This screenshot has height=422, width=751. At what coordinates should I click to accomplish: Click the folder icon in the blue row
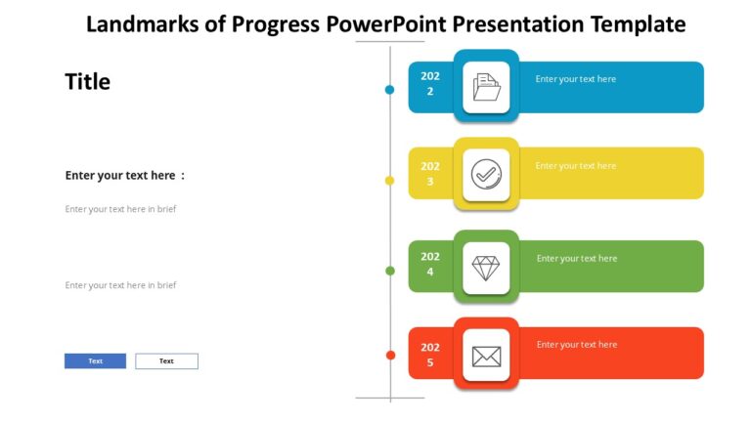(486, 88)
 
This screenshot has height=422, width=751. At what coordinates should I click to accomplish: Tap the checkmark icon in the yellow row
(486, 175)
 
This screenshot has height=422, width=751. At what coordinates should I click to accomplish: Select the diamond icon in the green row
(486, 269)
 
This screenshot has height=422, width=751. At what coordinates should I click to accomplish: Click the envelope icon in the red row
(486, 356)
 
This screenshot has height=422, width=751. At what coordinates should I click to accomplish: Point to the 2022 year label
(430, 84)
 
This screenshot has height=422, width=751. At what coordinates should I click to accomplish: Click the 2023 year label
(430, 174)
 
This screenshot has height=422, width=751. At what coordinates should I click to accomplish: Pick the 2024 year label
(430, 265)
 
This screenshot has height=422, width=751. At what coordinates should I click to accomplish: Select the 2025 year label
(430, 355)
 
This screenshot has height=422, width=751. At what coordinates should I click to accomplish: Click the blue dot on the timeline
(389, 90)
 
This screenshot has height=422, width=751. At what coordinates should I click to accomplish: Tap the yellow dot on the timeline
(389, 181)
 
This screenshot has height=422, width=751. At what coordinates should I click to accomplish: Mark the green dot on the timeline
(389, 271)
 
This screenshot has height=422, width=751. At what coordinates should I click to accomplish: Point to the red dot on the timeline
(389, 355)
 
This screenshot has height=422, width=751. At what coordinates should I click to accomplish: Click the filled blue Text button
(95, 361)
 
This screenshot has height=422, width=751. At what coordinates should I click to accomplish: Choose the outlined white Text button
(166, 361)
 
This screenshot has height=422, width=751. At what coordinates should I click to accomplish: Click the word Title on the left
(88, 82)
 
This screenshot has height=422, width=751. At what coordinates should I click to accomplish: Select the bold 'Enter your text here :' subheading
(124, 176)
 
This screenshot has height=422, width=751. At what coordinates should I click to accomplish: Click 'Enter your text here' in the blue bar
(576, 79)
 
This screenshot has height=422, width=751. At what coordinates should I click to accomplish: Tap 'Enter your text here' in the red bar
(577, 345)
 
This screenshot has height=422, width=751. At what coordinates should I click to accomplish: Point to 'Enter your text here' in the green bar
(577, 259)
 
